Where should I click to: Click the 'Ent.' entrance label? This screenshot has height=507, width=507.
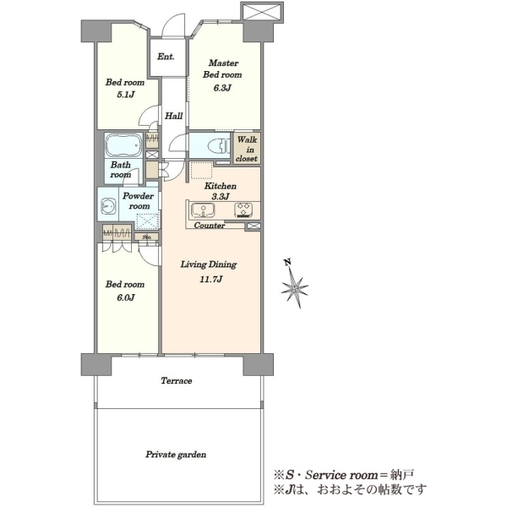tap(166, 57)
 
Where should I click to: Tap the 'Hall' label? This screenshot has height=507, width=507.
tap(173, 116)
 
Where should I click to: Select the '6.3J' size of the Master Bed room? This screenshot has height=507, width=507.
tap(222, 88)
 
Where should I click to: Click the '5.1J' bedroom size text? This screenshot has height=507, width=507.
tap(125, 95)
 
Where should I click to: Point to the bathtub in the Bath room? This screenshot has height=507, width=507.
tap(123, 144)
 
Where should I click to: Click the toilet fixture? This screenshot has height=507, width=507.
tap(222, 145)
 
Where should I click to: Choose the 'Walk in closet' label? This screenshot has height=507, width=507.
tap(247, 149)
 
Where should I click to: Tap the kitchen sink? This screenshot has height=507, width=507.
tap(203, 210)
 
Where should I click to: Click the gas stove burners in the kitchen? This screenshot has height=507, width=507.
tap(243, 210)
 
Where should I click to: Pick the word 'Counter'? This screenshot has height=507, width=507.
tap(210, 226)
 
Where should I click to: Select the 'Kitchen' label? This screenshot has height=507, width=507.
tap(221, 186)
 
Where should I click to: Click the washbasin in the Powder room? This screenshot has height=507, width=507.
tap(108, 206)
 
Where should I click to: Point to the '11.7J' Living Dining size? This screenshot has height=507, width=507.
tap(210, 279)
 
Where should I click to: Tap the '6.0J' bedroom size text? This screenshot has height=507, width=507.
tap(125, 297)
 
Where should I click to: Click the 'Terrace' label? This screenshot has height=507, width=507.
tap(177, 380)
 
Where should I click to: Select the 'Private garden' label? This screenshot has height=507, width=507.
tap(176, 455)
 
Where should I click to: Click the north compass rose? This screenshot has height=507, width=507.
tap(295, 287)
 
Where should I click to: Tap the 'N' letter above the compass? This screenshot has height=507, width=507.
tap(286, 262)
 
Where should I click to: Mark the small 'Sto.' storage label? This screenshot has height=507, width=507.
tap(147, 237)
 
